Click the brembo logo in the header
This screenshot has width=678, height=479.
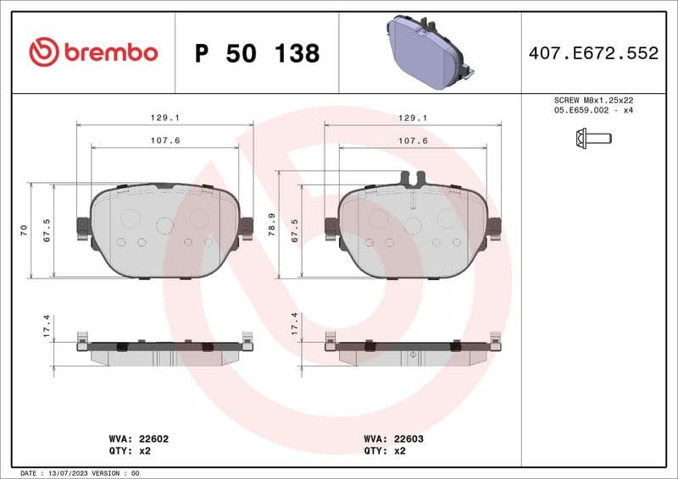click(x=93, y=52)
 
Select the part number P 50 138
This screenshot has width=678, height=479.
click(x=257, y=53)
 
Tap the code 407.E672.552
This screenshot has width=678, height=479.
click(x=593, y=53)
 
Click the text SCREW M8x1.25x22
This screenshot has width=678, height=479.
click(x=593, y=100)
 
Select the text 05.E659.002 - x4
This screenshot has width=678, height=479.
click(x=593, y=110)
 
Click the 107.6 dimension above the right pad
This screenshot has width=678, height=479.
click(x=413, y=140)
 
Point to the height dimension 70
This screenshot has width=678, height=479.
click(x=25, y=229)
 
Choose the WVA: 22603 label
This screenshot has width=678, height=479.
click(x=394, y=439)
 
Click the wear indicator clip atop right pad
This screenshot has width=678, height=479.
click(x=412, y=179)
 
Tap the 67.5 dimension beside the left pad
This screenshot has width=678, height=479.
click(x=47, y=230)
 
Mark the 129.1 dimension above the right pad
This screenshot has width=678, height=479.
click(x=413, y=118)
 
